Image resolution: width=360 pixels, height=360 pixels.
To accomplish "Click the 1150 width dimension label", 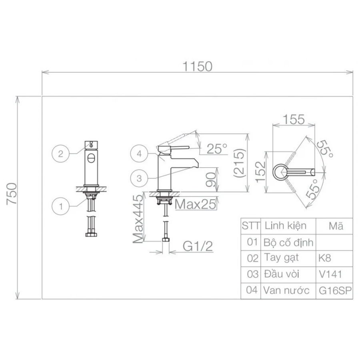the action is [197, 66].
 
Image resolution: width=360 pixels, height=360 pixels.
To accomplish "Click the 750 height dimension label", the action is [12, 194].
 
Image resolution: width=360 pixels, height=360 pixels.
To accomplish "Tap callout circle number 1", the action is [61, 206].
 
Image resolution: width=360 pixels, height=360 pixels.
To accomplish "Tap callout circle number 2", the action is [61, 154].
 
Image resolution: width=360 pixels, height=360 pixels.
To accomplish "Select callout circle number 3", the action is [139, 178].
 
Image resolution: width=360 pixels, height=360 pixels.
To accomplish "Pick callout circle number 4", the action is [139, 154].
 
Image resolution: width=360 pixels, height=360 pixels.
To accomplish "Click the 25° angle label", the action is [217, 148].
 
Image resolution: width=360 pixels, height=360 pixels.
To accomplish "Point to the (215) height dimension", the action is [240, 163].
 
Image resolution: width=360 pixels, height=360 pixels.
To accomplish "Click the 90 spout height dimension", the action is [211, 180].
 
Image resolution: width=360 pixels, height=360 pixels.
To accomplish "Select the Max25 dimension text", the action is [196, 204].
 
